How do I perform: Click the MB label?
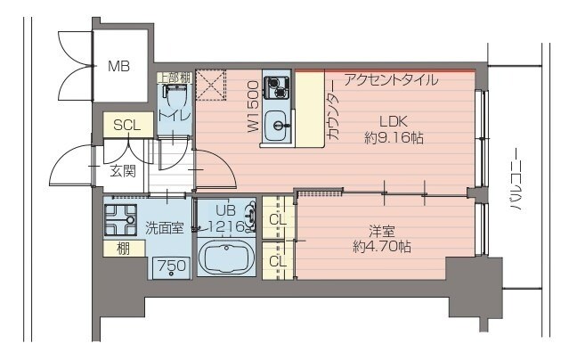pyautogui.click(x=118, y=66)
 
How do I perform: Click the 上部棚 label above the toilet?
pyautogui.click(x=173, y=78)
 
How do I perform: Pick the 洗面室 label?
pyautogui.click(x=165, y=227)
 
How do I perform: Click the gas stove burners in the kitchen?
pyautogui.click(x=279, y=87)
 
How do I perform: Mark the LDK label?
pyautogui.click(x=393, y=121)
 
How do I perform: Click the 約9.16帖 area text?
pyautogui.click(x=393, y=138)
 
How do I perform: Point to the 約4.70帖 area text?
pyautogui.click(x=381, y=247)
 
